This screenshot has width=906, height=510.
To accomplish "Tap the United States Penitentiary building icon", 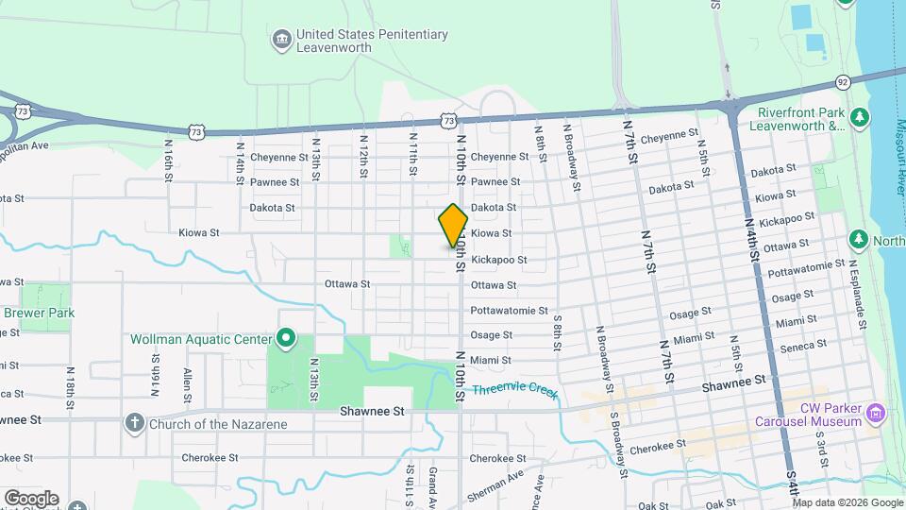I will tap(281, 39).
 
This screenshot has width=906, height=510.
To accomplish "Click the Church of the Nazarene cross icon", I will tap(135, 423).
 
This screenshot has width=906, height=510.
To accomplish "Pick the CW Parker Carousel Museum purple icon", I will tap(878, 414).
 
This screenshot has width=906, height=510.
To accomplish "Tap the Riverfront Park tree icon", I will tap(859, 117).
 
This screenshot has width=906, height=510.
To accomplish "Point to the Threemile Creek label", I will tap(515, 390).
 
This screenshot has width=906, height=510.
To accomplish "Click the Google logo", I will tap(30, 499).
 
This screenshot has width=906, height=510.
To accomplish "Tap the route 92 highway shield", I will tap(843, 82).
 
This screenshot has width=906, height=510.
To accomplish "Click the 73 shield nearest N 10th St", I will tap(448, 121).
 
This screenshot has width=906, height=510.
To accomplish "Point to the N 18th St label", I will tap(72, 382).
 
